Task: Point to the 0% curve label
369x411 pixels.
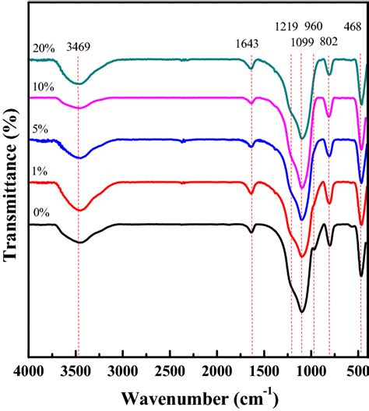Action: click(39, 210)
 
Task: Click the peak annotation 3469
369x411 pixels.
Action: click(78, 47)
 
